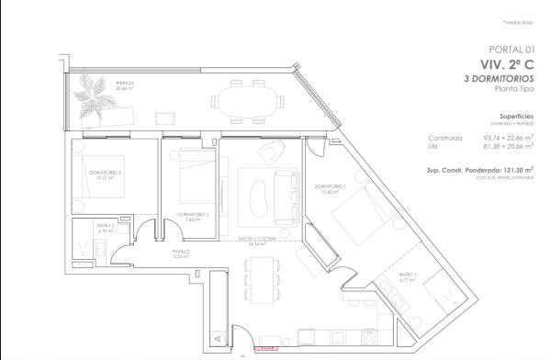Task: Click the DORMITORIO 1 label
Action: [x=328, y=188]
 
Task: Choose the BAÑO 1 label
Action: [x=408, y=276]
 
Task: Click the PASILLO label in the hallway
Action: [x=181, y=253]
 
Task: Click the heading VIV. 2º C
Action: [x=507, y=64]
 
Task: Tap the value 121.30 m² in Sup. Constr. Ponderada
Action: [x=517, y=170]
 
